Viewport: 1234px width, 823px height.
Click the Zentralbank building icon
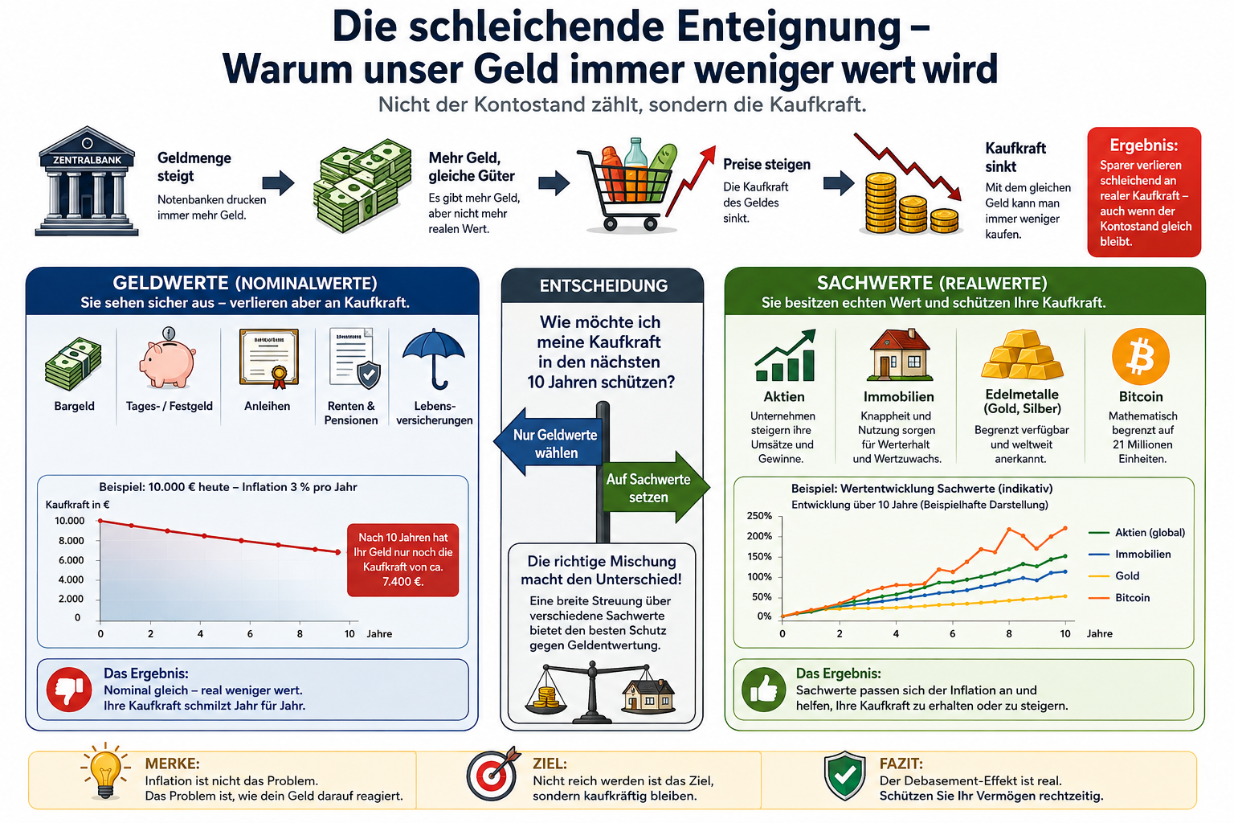coord(87,182)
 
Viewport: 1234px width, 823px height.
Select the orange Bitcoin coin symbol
coord(1140,356)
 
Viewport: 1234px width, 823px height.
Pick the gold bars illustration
coord(1022,354)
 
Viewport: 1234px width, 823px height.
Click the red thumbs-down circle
coord(69,689)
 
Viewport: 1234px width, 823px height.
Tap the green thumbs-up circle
coord(763,690)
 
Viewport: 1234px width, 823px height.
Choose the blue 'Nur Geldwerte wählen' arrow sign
coord(548,443)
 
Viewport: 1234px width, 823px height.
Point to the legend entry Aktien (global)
coord(1137,533)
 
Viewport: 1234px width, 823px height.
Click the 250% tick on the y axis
coord(759,516)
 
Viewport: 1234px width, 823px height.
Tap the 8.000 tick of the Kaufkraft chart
coord(71,541)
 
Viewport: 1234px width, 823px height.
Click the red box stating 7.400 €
coord(402,559)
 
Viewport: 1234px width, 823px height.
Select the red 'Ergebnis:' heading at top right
coord(1144,145)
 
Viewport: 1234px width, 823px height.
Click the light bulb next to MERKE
coord(105,771)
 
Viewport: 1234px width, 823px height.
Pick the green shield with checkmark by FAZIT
coord(844,776)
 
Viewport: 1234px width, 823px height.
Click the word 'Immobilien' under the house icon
coord(898,397)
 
